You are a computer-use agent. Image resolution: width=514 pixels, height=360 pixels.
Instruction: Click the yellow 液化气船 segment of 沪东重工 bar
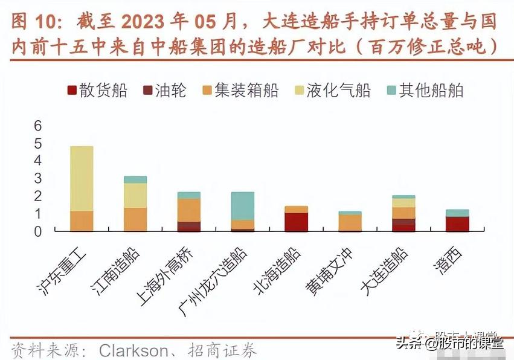82,178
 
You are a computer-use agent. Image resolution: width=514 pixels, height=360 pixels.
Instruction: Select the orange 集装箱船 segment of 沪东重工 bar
82,221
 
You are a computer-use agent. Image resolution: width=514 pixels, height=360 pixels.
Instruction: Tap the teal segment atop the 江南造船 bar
135,179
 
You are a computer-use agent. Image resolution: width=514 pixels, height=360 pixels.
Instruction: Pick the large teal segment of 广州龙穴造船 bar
243,206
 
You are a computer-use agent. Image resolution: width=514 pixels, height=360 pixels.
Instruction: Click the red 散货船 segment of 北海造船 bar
296,222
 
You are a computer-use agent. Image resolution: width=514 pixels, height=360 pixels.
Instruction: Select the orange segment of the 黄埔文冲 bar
350,222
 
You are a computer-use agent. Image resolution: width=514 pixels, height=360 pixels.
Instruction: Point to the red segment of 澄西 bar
457,223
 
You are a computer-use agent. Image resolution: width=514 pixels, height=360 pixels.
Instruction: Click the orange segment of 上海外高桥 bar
189,210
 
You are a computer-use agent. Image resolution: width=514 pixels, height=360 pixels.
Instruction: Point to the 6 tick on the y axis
37,126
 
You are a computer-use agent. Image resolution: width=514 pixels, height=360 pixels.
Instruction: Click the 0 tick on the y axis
37,231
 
